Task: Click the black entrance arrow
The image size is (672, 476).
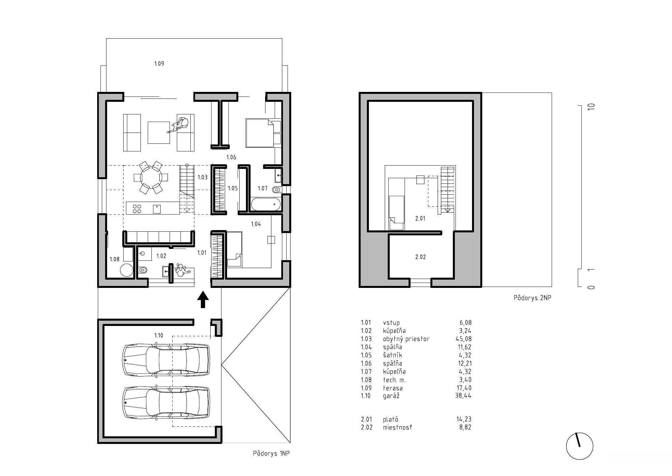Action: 203,299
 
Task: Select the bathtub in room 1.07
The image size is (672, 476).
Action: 266,204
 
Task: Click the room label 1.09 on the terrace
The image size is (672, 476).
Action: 159,63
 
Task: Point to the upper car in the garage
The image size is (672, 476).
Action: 166,360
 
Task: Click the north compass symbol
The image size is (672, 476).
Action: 579,446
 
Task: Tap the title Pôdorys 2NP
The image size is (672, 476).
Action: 533,298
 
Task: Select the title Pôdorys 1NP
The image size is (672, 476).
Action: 271,454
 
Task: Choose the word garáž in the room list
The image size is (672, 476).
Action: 391,396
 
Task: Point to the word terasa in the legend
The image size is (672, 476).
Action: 393,388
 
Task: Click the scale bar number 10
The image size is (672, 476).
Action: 592,107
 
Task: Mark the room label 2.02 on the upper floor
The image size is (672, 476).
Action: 420,257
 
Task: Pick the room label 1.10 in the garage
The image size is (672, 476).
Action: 159,336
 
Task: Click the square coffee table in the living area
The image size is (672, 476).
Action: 159,133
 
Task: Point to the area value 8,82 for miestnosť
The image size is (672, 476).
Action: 465,427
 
